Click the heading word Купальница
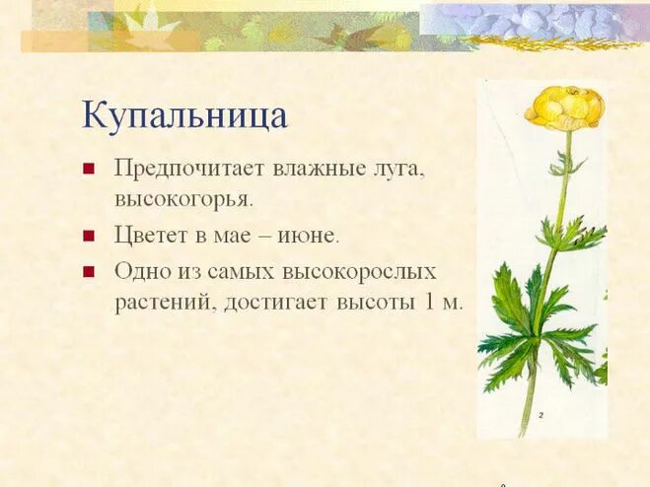click(184, 115)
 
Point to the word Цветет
click(150, 236)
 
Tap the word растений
click(163, 302)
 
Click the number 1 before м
click(429, 302)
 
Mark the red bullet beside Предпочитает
click(89, 169)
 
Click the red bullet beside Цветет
click(89, 237)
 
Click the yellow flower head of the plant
click(564, 106)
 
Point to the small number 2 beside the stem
click(541, 416)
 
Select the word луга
click(395, 169)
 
